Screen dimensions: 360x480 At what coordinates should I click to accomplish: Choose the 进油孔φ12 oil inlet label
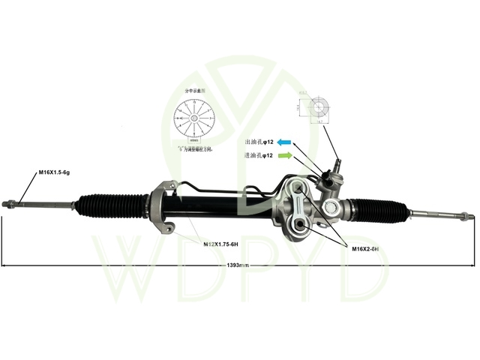(x=258, y=155)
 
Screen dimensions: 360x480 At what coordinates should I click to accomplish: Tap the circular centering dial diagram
(x=193, y=119)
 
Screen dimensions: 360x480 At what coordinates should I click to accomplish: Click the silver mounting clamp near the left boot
(x=161, y=208)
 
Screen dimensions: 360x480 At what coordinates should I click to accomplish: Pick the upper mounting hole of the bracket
(x=298, y=187)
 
